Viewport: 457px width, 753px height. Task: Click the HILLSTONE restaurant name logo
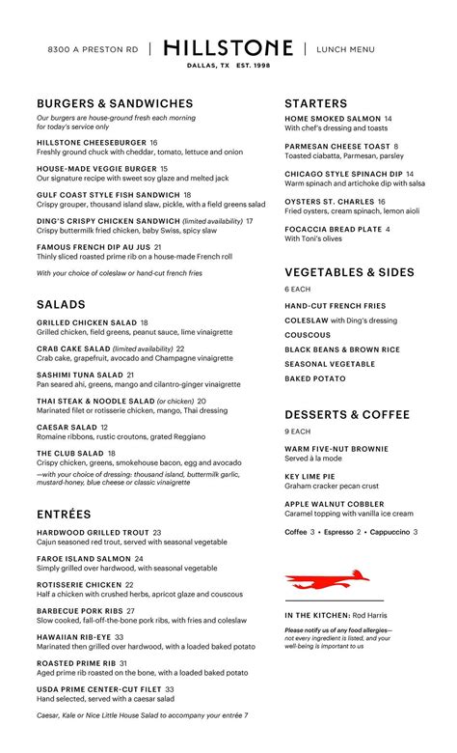(228, 47)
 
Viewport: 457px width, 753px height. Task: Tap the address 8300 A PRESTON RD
(93, 49)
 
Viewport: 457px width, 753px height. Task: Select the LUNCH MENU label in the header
(345, 49)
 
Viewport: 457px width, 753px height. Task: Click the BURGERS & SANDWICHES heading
(115, 103)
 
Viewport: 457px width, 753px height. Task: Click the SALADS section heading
(62, 304)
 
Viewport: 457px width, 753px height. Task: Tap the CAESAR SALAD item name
(67, 427)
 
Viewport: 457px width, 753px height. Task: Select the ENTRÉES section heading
(64, 515)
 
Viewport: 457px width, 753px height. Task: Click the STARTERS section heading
(316, 103)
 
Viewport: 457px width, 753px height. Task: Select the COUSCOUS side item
(309, 335)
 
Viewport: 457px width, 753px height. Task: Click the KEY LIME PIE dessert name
(310, 477)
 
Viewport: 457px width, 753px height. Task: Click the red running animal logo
(328, 579)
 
